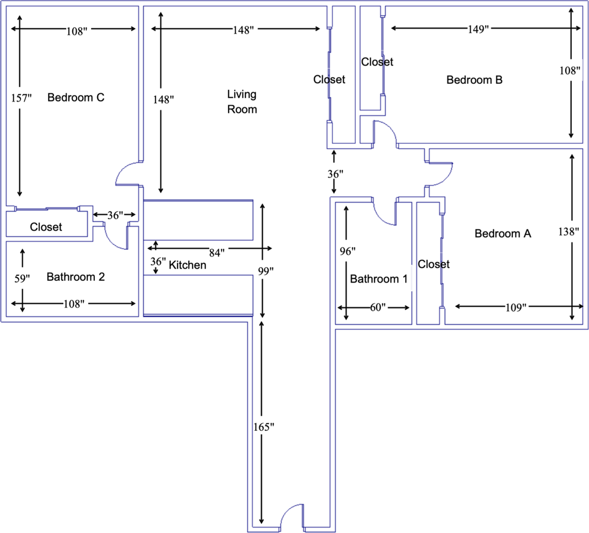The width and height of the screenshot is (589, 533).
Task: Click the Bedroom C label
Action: (76, 98)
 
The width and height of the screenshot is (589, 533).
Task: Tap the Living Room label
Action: (242, 102)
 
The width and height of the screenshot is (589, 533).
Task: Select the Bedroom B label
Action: (475, 80)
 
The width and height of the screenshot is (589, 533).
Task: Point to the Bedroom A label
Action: (503, 234)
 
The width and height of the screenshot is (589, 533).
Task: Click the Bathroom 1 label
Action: (379, 279)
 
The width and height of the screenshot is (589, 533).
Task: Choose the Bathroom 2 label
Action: (75, 277)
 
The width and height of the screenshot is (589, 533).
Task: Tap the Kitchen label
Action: (188, 265)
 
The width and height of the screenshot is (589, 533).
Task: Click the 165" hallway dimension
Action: (264, 427)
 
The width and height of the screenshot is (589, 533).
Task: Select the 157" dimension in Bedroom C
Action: (22, 98)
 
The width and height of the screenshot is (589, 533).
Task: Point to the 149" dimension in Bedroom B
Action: (478, 29)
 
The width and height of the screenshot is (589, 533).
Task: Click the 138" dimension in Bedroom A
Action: (568, 232)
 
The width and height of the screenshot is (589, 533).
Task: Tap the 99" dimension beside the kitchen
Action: (265, 271)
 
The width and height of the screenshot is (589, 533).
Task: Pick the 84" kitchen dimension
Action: (217, 253)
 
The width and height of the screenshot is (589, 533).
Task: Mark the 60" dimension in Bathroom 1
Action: (378, 307)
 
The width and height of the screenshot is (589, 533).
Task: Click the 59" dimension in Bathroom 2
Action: (22, 278)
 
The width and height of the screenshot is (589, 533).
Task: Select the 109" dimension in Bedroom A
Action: (516, 308)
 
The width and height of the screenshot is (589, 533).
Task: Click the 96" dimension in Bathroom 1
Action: (348, 252)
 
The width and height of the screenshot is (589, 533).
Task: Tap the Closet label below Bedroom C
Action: (46, 227)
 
